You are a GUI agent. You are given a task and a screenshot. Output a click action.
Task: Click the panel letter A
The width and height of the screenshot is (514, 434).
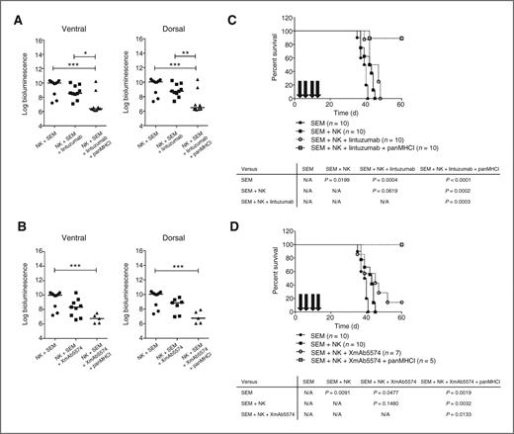pyautogui.click(x=7, y=10)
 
